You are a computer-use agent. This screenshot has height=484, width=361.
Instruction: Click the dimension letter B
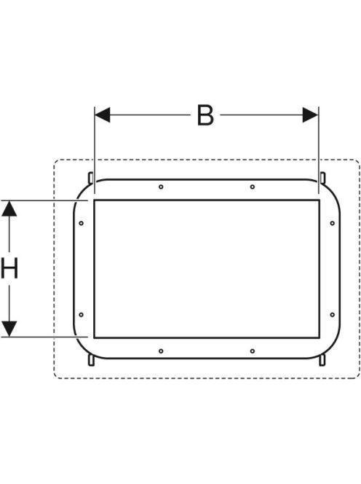205,115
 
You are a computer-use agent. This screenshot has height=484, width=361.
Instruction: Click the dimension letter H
9,268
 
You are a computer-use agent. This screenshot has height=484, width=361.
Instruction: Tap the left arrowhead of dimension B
103,115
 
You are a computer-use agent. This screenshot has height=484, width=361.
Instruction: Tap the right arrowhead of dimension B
310,115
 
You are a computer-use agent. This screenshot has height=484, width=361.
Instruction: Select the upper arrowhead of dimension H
9,208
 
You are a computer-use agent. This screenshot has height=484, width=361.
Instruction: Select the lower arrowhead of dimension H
9,329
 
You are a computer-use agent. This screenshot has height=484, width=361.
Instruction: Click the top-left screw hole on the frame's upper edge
161,187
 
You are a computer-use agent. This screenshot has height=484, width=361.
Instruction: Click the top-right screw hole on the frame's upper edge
253,187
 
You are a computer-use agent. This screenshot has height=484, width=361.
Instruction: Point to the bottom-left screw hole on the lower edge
161,351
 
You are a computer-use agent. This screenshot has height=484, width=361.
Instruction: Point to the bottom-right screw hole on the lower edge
253,351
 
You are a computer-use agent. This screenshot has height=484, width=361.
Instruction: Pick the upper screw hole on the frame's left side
81,223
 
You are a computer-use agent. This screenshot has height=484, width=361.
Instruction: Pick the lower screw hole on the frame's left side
81,315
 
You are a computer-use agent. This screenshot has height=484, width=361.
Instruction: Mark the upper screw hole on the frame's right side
333,223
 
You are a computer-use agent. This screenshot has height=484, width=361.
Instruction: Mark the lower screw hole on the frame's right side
333,315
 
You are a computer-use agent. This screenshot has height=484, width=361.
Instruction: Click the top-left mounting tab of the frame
91,178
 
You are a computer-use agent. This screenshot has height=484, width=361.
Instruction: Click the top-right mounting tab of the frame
322,178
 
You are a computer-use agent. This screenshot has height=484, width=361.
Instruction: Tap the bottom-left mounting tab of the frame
91,360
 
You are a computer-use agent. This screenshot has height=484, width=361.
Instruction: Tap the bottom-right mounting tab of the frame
322,360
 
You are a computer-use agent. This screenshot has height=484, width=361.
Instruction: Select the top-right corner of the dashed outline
359,161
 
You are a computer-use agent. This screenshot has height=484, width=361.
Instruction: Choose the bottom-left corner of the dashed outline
55,377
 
